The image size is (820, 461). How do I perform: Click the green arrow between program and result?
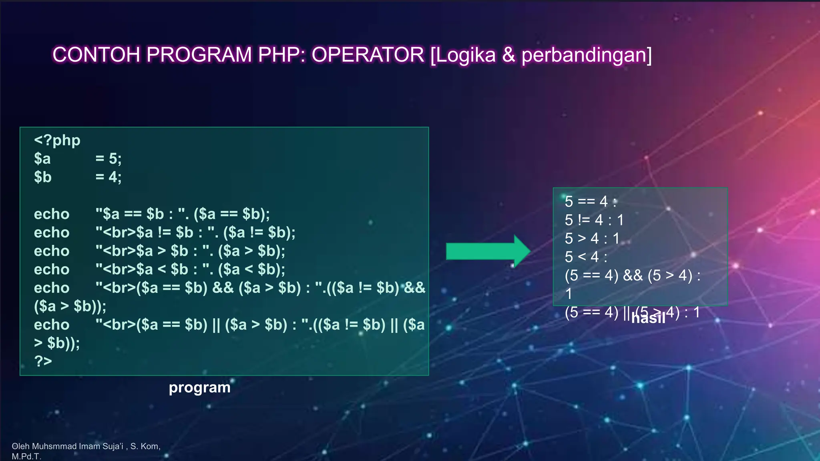click(488, 251)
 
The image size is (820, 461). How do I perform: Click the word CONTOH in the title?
click(96, 55)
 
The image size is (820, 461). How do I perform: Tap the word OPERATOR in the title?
click(368, 55)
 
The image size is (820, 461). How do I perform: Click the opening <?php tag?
click(57, 140)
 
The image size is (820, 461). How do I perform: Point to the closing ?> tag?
click(43, 361)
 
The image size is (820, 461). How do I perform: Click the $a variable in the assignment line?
click(42, 159)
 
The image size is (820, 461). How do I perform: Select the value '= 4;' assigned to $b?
click(109, 177)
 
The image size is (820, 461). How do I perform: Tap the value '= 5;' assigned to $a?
click(109, 159)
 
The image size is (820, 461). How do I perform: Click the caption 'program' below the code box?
click(199, 387)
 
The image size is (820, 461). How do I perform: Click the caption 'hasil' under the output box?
click(648, 318)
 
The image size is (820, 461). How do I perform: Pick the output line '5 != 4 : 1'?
click(594, 220)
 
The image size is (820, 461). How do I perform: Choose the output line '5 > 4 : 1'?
click(592, 239)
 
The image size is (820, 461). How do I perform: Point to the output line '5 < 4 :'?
click(586, 257)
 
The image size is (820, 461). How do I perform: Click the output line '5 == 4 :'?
click(591, 201)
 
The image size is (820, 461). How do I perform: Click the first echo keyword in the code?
click(52, 214)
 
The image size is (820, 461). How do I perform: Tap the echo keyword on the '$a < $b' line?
click(52, 269)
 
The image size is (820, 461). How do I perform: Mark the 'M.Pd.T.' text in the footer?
click(26, 456)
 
